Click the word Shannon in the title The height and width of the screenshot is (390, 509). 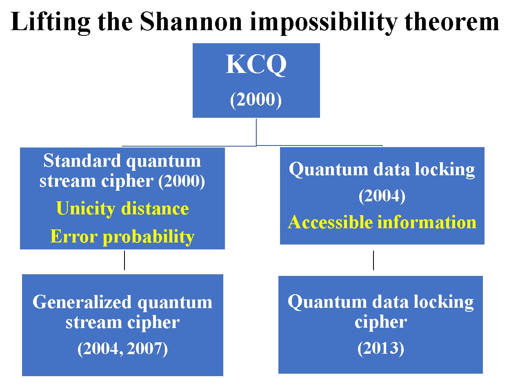pos(191,22)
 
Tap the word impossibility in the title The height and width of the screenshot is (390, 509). pos(324,23)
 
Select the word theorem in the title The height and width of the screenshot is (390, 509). pos(451,22)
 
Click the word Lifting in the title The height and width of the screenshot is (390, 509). pos(50,23)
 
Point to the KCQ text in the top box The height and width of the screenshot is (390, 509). pos(256,64)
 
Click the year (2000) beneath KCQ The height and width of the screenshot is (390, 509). pos(256,100)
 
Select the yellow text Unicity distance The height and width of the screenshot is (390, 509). pos(122,208)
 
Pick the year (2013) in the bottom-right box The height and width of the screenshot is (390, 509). pos(381,348)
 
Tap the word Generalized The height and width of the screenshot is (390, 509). pos(82,302)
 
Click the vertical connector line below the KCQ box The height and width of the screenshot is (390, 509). pos(256,132)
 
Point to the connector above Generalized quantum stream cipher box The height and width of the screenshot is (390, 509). pos(124,260)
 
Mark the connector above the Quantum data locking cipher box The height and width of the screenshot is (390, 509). pos(373,260)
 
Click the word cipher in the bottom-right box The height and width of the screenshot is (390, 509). pos(381,322)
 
